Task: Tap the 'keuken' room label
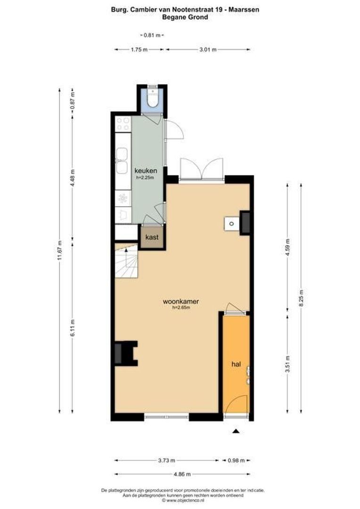tap(145, 170)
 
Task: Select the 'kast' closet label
tap(152, 237)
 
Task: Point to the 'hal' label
tap(236, 364)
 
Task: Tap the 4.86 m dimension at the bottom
tap(181, 474)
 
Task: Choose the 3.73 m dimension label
tap(166, 460)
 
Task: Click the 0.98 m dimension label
tap(236, 460)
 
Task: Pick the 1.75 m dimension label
tap(139, 49)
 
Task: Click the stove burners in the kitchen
tap(123, 124)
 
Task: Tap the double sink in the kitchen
tap(123, 161)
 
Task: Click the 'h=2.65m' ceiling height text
tap(180, 308)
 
